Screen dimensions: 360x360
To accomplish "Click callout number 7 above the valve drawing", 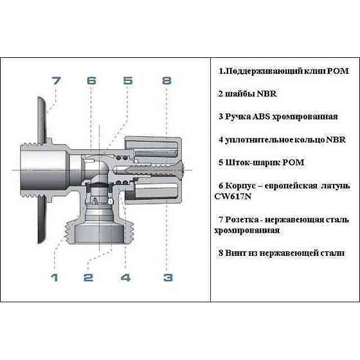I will tap(56, 81).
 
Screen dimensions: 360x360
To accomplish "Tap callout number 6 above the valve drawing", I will tap(91, 81).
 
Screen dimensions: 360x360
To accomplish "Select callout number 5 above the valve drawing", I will tap(128, 81).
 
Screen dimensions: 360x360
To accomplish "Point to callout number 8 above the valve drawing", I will tap(167, 81).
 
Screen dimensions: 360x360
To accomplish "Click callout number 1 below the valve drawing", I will tap(55, 278).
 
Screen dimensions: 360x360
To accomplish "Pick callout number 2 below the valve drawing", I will tap(89, 278).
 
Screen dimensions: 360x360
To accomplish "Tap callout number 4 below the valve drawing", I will tap(126, 278).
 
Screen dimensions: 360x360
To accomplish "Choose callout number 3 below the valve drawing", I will tap(167, 278).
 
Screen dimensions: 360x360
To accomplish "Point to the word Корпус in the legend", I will tap(243, 185).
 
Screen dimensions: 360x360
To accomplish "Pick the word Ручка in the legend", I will tap(235, 116).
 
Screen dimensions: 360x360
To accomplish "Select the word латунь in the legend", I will tap(334, 185).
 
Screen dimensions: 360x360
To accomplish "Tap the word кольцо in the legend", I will tap(299, 139).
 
